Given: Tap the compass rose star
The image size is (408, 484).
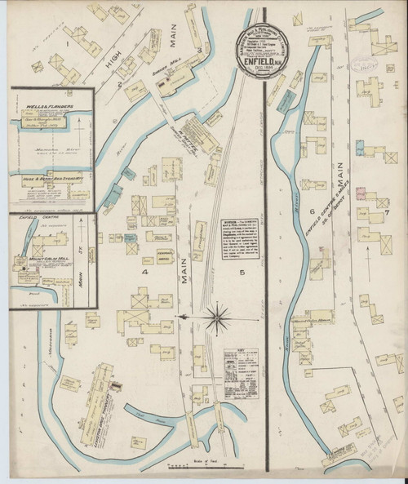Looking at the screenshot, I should tap(218, 316).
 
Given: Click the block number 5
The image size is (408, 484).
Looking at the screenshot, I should tap(242, 271).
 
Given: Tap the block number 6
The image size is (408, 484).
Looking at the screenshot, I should tap(312, 212).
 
